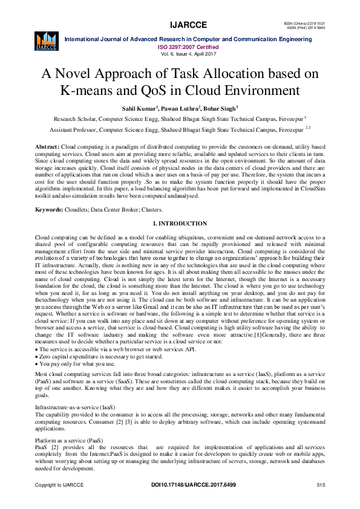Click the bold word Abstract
click(47, 147)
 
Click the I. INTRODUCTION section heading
click(180, 224)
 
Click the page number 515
click(321, 485)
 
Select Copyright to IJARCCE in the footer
click(59, 485)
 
